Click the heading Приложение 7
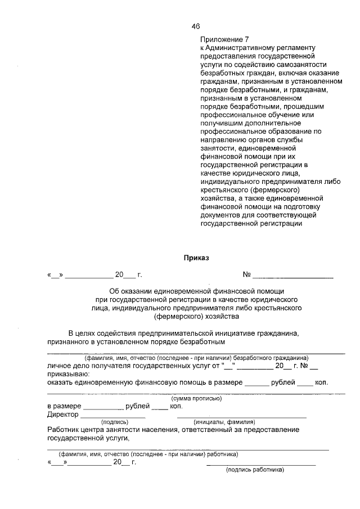tap(224, 40)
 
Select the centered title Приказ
tap(196, 258)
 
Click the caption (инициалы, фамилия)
tap(224, 422)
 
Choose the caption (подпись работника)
tap(255, 470)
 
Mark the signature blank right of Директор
tap(113, 417)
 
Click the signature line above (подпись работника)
tap(261, 464)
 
